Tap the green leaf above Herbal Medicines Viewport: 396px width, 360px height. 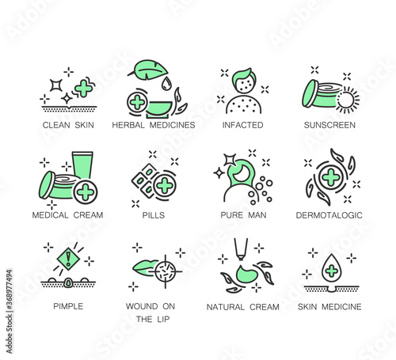[149, 69]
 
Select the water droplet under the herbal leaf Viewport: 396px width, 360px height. [166, 84]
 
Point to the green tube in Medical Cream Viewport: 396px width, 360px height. [82, 165]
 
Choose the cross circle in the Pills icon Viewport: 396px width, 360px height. [164, 185]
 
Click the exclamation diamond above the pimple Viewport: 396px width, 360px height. [68, 259]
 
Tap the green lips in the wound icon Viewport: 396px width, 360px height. [145, 267]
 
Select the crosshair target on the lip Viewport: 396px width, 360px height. [166, 271]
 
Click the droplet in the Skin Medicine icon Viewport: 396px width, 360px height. [332, 268]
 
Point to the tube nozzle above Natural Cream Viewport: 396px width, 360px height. [241, 249]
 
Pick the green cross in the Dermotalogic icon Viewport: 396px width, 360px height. [331, 177]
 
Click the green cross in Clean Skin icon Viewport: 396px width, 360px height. [84, 89]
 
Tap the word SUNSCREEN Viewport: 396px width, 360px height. [329, 125]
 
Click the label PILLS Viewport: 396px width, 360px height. [154, 215]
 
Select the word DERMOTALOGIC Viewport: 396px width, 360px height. [329, 215]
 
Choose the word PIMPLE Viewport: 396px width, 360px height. [68, 306]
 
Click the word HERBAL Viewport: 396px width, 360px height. [128, 125]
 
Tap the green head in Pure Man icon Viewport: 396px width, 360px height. [242, 172]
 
